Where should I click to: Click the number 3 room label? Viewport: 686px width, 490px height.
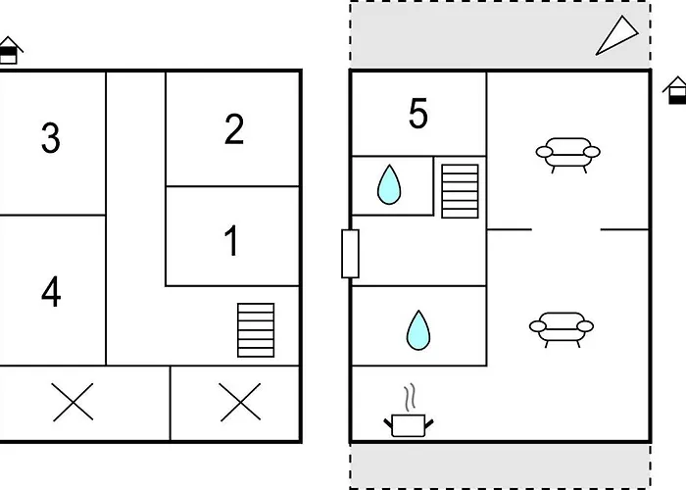(x=51, y=138)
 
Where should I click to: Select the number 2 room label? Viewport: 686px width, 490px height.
(x=234, y=128)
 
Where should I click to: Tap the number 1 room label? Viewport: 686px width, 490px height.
(x=231, y=240)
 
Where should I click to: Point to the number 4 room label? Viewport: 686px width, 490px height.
(x=51, y=291)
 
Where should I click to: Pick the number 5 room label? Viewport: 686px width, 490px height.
(x=417, y=114)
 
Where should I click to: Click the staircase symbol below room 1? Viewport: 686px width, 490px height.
(x=256, y=330)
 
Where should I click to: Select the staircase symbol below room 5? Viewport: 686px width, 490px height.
(x=460, y=191)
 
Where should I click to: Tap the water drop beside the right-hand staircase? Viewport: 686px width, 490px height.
(x=389, y=184)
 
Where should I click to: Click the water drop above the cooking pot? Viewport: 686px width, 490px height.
(x=418, y=330)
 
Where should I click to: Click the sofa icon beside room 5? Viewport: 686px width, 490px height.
(x=567, y=155)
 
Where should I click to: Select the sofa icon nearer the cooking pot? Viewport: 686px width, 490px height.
(x=562, y=329)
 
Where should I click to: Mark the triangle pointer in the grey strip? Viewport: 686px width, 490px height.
(x=616, y=36)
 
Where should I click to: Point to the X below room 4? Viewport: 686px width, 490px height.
(x=73, y=402)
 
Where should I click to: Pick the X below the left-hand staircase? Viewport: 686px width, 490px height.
(x=240, y=402)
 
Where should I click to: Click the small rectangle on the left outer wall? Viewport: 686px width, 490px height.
(x=350, y=254)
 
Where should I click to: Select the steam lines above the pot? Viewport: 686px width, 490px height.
(x=410, y=397)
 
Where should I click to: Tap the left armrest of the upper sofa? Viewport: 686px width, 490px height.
(x=544, y=152)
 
